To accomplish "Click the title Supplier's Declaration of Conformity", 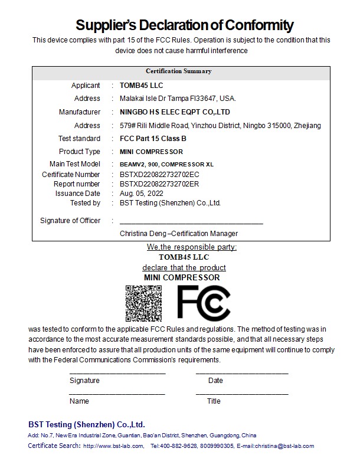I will point(184,25).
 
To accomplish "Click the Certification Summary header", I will point(178,71).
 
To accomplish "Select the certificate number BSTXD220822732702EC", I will point(159,175).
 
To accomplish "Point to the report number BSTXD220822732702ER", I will point(159,184).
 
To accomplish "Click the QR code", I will point(143,303).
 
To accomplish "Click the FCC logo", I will point(204,303).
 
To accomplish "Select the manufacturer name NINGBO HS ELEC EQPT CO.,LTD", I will point(175,112).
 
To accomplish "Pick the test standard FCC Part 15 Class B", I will point(153,139).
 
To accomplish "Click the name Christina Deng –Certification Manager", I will point(178,234).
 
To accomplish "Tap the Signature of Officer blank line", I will point(191,222).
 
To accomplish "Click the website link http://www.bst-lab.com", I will point(113,446).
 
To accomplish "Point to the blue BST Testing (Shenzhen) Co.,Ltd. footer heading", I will point(87,425).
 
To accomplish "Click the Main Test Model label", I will point(75,164).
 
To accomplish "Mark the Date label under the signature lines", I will point(215,381).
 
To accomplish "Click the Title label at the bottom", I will point(214,401).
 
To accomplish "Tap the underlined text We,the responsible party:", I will point(192,247).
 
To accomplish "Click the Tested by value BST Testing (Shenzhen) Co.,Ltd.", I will point(170,203).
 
